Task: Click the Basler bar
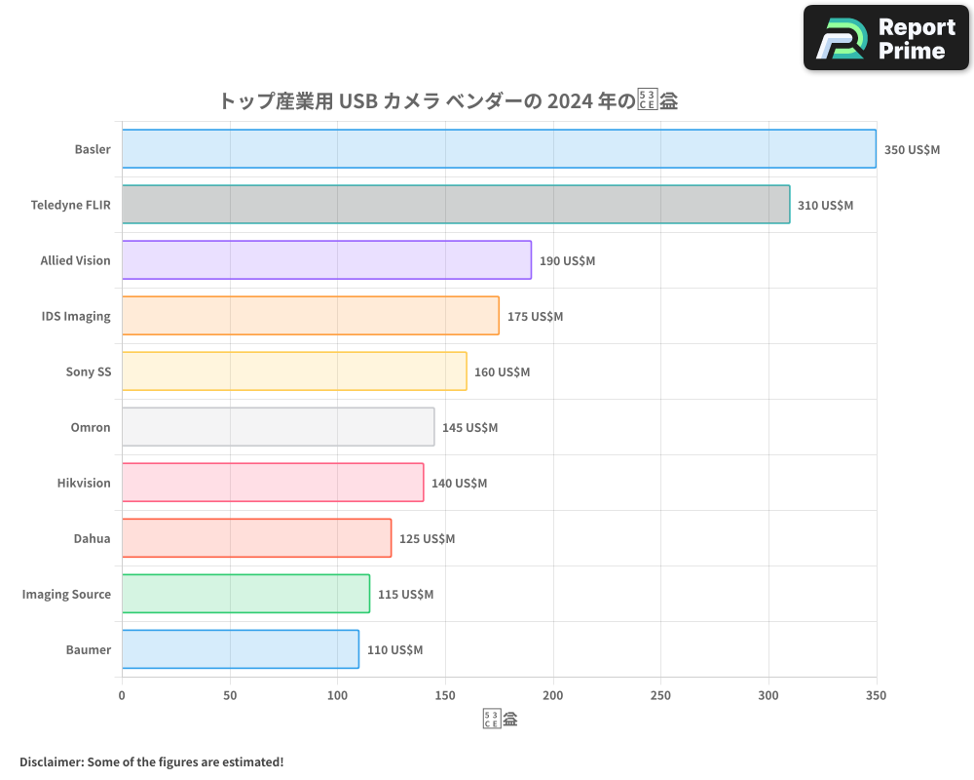tap(499, 149)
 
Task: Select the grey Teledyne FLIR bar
tap(456, 205)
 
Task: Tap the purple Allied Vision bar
tap(326, 260)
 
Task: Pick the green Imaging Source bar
tap(245, 594)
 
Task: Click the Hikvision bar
tap(273, 483)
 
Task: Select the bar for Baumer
tap(241, 649)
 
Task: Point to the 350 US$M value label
tap(912, 150)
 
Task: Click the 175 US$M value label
tap(535, 317)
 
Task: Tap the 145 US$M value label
tap(469, 428)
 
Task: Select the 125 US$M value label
tap(427, 539)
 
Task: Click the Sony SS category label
tap(88, 371)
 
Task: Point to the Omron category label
tap(90, 427)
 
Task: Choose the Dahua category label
tap(92, 538)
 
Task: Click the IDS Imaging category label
tap(76, 316)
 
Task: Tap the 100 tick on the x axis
tap(337, 695)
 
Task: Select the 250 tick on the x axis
tap(660, 695)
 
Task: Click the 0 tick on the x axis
tap(122, 695)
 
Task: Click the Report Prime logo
tap(886, 38)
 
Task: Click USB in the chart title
tap(357, 101)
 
